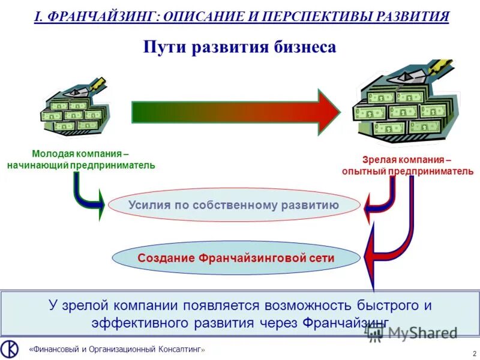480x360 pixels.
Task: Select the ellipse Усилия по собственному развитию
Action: pos(234,205)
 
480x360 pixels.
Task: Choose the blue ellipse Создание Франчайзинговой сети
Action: pos(236,258)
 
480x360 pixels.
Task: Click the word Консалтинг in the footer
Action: pos(179,349)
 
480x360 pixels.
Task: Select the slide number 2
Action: pos(475,353)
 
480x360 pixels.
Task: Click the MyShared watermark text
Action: pos(422,333)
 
